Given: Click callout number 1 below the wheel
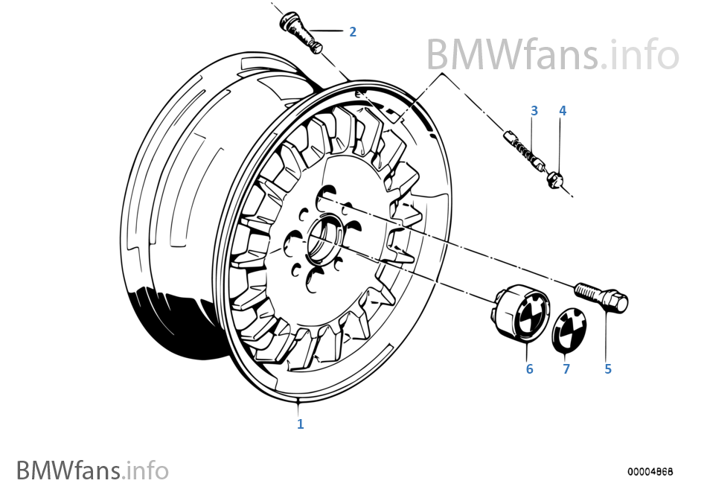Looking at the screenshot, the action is click(x=301, y=424).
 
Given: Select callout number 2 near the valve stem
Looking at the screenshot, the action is click(x=353, y=31).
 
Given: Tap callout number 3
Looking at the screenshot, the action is click(x=534, y=110).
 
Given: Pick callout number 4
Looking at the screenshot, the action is click(x=563, y=110).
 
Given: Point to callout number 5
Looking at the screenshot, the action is click(x=608, y=368).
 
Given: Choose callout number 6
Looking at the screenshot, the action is click(x=529, y=368).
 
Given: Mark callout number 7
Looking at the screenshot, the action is click(x=566, y=368).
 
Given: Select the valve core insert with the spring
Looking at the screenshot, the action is click(x=524, y=147).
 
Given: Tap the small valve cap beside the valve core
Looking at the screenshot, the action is click(x=554, y=179).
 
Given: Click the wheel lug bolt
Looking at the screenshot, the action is click(x=601, y=296).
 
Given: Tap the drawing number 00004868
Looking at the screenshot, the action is click(x=650, y=472).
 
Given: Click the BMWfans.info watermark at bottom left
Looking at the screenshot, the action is click(x=92, y=470).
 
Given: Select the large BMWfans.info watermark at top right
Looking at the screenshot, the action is click(x=552, y=54).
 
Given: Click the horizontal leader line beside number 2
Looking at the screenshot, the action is click(x=327, y=31).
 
